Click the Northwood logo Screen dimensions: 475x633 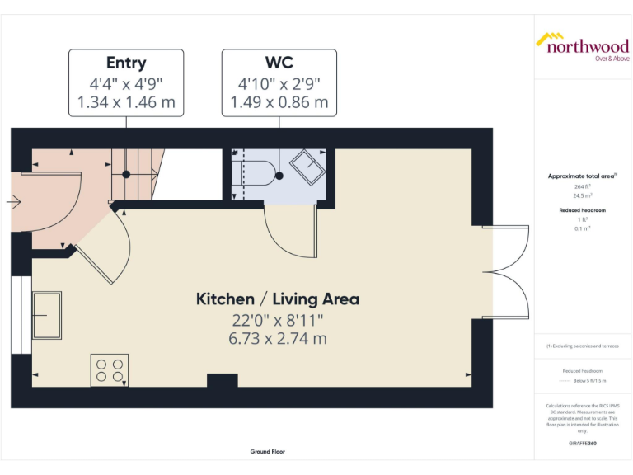pos(582,45)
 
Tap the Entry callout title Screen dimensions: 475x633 pos(126,63)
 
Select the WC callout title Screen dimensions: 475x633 pos(279,63)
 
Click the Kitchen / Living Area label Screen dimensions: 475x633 pos(277,299)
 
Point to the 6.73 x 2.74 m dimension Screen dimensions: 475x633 pos(277,338)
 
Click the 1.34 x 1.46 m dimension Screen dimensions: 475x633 pos(126,102)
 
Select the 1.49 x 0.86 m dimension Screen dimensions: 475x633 pos(279,102)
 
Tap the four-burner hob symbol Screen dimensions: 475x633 pos(109,369)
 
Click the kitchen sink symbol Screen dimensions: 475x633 pos(47,315)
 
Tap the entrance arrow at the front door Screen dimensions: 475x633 pos(13,200)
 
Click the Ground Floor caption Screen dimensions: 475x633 pos(269,452)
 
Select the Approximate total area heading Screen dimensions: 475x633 pos(582,176)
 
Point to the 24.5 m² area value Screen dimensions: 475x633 pos(584,196)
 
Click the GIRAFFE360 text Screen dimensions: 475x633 pos(582,444)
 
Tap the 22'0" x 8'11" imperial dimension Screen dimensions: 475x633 pos(277,319)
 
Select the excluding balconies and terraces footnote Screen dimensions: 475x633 pos(582,346)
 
